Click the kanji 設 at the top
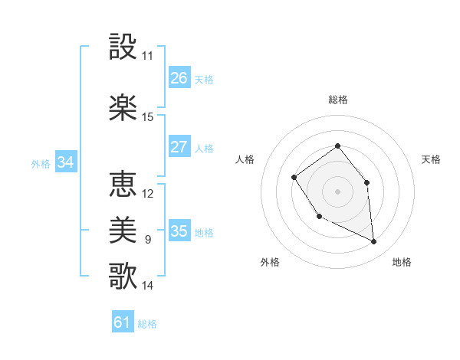(x=123, y=48)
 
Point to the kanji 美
(x=123, y=228)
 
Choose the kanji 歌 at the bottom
(x=123, y=274)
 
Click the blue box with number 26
(x=179, y=78)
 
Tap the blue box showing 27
(x=179, y=147)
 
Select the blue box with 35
(x=179, y=231)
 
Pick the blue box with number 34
(x=65, y=162)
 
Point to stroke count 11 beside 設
(x=148, y=56)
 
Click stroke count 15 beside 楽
(x=148, y=117)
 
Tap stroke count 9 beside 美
(x=148, y=240)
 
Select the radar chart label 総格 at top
(x=337, y=100)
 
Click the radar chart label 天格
(x=431, y=159)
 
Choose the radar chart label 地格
(x=402, y=262)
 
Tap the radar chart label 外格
(x=270, y=262)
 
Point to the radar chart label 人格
(x=245, y=159)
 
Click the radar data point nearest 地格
(x=374, y=242)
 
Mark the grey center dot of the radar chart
(x=337, y=191)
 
